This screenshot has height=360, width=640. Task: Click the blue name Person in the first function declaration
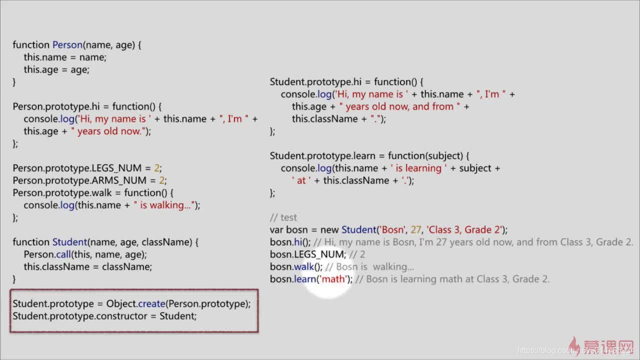(67, 45)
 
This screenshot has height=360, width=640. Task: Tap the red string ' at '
(301, 180)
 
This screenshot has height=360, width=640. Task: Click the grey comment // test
(283, 217)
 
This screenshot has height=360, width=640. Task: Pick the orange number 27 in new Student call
(416, 230)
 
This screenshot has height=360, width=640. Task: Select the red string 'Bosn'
(393, 230)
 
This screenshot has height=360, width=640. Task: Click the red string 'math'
(333, 279)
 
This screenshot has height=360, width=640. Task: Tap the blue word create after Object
(151, 303)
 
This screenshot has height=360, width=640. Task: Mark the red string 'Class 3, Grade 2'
(464, 230)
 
